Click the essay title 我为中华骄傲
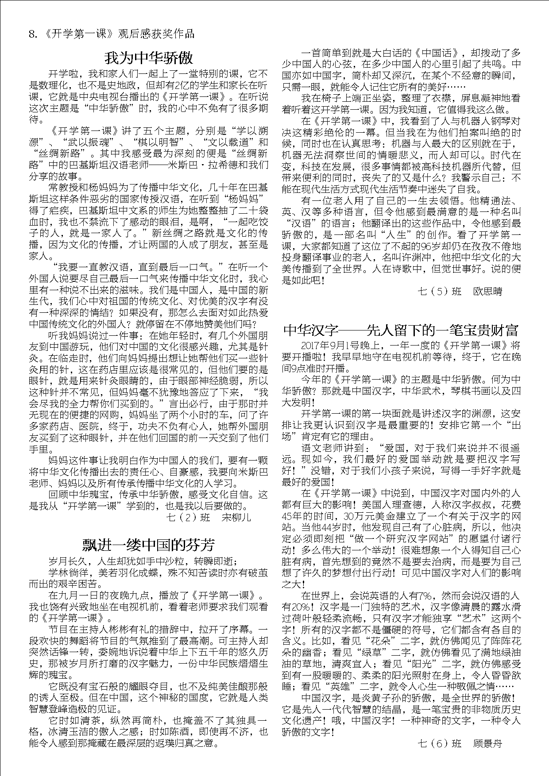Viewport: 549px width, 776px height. click(x=148, y=58)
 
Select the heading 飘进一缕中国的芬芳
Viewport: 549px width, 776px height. click(x=148, y=544)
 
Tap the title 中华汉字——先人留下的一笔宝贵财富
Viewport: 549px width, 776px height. click(x=400, y=330)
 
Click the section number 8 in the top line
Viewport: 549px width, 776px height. click(x=32, y=35)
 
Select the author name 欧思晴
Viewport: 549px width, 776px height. click(x=487, y=292)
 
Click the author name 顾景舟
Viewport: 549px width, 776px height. click(x=487, y=743)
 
